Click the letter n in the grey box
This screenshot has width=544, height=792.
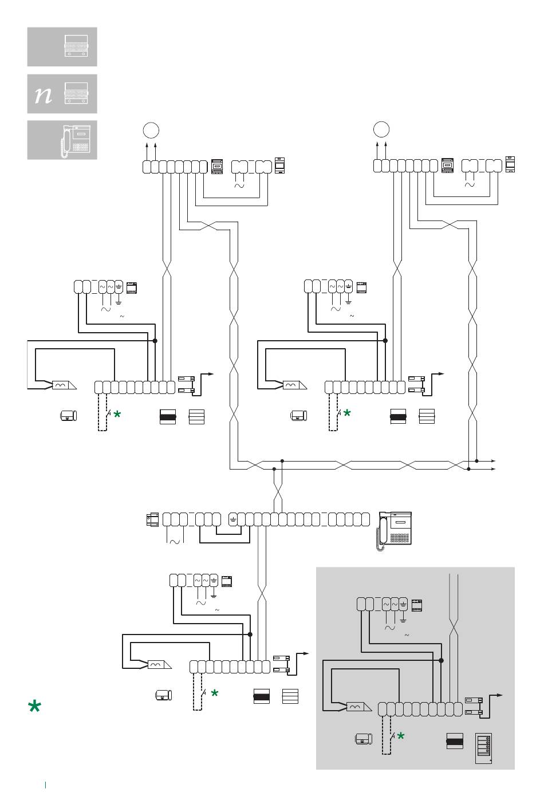tap(44, 94)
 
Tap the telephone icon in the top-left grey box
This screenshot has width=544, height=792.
tap(75, 141)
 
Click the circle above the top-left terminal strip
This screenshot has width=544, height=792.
tap(151, 131)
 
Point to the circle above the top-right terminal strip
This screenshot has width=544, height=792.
tap(381, 129)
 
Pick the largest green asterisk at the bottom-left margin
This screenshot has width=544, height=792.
tap(34, 707)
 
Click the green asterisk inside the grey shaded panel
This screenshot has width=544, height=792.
tap(400, 736)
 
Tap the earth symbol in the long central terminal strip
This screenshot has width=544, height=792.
tap(233, 520)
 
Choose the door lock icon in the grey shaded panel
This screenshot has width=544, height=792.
tap(364, 739)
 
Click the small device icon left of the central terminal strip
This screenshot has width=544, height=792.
tap(152, 520)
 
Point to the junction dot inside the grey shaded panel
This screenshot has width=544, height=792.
tap(441, 660)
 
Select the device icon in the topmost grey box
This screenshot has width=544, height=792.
tap(76, 46)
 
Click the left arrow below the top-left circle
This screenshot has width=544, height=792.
tap(147, 152)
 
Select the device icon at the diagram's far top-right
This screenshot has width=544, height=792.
tap(510, 164)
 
